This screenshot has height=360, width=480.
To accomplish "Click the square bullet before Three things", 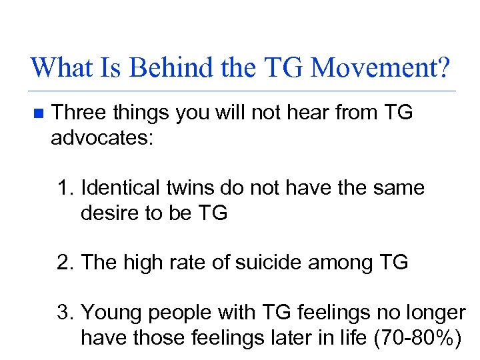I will pyautogui.click(x=38, y=114).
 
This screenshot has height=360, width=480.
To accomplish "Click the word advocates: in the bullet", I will pyautogui.click(x=102, y=137).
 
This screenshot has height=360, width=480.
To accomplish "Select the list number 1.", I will pyautogui.click(x=64, y=189).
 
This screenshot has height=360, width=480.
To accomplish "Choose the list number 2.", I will pyautogui.click(x=64, y=263).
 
